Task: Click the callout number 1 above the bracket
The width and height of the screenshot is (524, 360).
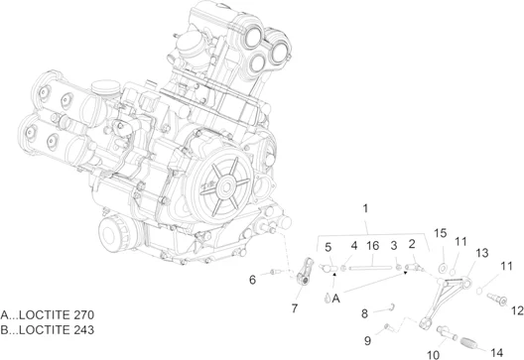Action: click(365, 208)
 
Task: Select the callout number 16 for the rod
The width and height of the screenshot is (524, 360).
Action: click(372, 246)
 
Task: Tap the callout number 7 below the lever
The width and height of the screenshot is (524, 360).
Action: click(295, 308)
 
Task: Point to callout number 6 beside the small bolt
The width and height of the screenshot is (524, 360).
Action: click(253, 280)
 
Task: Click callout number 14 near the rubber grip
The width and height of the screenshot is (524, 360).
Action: click(496, 352)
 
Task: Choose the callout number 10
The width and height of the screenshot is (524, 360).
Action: click(434, 355)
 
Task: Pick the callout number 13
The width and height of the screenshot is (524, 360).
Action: click(482, 253)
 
